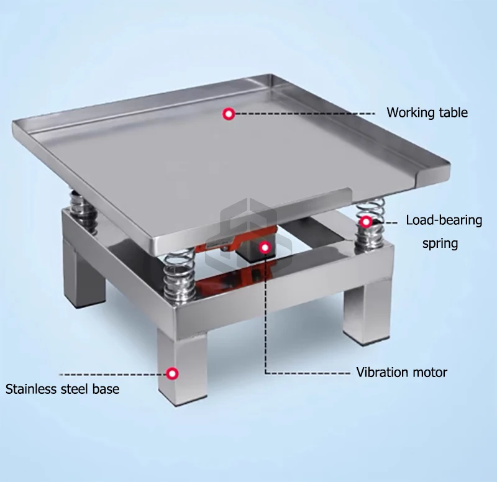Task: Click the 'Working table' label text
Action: pos(427,112)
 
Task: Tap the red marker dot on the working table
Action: pos(229,114)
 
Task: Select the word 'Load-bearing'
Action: pos(444,221)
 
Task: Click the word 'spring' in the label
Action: pos(440,243)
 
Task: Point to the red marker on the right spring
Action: pos(366,222)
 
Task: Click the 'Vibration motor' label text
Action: pos(401,372)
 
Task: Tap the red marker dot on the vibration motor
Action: pos(265,247)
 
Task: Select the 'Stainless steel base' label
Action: pos(63,389)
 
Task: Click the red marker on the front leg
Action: pos(173,374)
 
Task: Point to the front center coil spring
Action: pos(178,274)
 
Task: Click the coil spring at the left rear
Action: pos(82,209)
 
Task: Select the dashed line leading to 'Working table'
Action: pos(305,114)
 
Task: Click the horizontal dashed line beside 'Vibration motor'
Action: pos(308,373)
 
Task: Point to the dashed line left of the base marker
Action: pos(113,375)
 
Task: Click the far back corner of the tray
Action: pos(272,75)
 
